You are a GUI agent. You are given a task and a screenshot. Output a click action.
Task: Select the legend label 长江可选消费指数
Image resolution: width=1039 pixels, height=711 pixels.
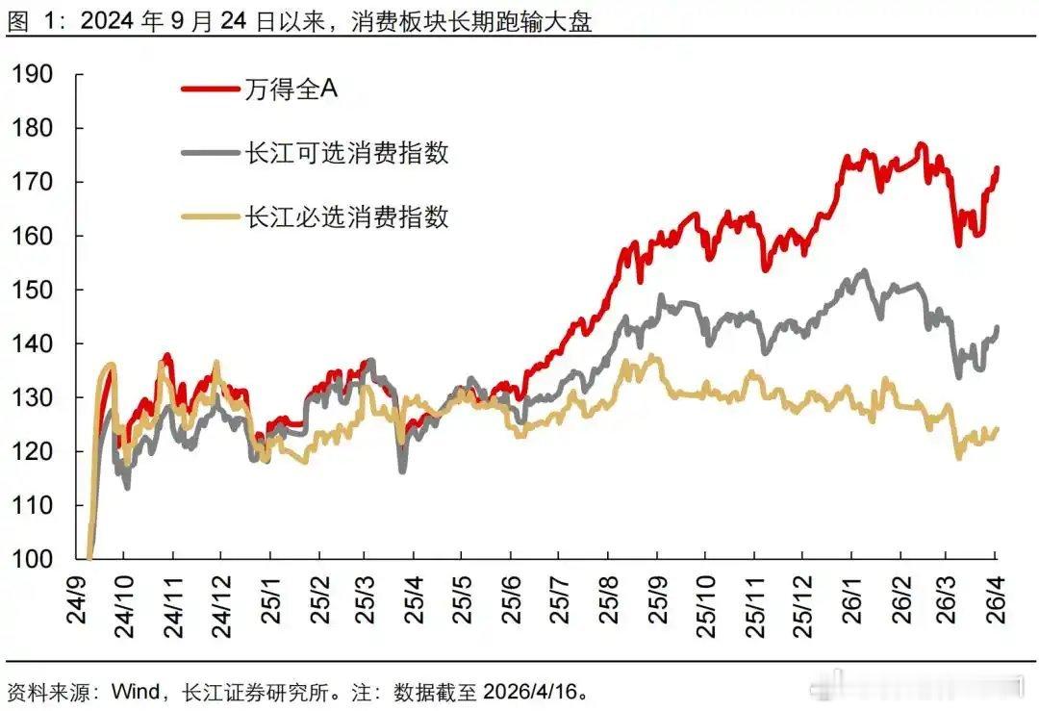point(346,152)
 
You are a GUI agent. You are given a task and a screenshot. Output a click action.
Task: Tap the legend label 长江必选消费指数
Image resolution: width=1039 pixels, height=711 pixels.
point(346,216)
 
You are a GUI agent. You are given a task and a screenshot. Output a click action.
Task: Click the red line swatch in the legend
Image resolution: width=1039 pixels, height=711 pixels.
point(210,89)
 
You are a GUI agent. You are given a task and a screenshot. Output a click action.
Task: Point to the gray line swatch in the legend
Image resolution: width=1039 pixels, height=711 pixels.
point(210,152)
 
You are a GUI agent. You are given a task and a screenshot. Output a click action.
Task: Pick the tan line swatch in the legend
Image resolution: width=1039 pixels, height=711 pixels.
point(210,216)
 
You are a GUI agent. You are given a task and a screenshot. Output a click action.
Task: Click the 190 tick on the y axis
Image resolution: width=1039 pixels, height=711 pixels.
point(35,74)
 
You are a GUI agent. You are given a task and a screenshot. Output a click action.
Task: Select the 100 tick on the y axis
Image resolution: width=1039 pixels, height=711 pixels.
point(35,559)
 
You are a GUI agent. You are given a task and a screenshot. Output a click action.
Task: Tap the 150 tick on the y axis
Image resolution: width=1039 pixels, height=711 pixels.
point(35,290)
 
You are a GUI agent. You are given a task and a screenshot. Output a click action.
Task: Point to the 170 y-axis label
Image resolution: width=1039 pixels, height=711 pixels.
point(35,182)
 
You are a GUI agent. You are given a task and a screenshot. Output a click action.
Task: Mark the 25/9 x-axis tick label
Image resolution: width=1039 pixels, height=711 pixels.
point(657,597)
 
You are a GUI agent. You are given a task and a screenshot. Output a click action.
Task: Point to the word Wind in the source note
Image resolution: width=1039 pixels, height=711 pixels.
point(135,692)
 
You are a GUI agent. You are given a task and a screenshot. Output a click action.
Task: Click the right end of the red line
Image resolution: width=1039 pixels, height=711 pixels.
point(997,168)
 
